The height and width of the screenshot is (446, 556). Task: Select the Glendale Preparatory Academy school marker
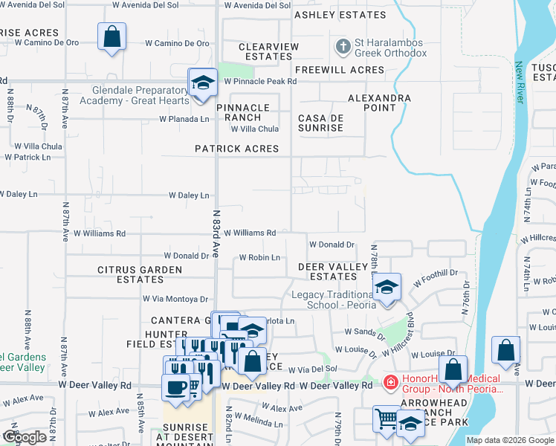click(202, 83)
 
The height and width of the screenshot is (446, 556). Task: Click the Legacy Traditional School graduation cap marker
click(386, 288)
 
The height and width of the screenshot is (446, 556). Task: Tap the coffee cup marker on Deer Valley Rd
click(177, 387)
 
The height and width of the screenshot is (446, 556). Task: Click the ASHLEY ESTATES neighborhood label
click(340, 15)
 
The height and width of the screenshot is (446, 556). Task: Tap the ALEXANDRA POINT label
click(379, 103)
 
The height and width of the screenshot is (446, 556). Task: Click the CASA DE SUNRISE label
click(320, 123)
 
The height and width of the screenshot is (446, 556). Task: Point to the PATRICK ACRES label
click(236, 149)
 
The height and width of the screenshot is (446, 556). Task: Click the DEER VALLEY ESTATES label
click(333, 271)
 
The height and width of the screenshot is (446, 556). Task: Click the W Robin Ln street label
click(259, 258)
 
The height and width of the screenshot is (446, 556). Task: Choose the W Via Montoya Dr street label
click(175, 299)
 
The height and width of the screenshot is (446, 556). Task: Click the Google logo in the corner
click(25, 437)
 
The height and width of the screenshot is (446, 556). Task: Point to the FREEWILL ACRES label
click(339, 70)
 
